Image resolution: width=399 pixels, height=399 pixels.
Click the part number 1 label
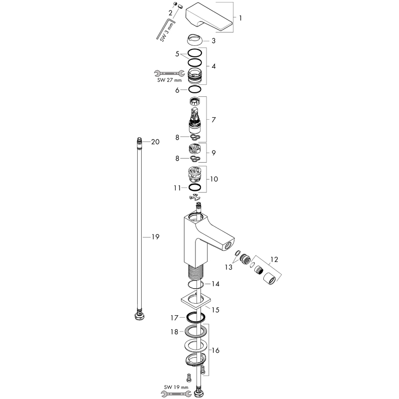pyautogui.click(x=240, y=18)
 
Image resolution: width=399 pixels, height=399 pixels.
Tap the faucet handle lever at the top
pyautogui.click(x=209, y=17)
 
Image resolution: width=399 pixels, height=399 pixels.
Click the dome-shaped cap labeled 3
pyautogui.click(x=195, y=40)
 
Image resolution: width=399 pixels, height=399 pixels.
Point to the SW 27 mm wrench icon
pyautogui.click(x=169, y=73)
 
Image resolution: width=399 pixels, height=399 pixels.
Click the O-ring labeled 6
pyautogui.click(x=195, y=89)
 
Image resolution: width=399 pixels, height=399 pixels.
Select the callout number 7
pyautogui.click(x=213, y=120)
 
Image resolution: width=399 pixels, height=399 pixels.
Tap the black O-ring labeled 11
pyautogui.click(x=195, y=188)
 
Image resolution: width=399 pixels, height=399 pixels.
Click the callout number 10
pyautogui.click(x=214, y=179)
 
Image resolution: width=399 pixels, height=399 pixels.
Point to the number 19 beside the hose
pyautogui.click(x=156, y=237)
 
